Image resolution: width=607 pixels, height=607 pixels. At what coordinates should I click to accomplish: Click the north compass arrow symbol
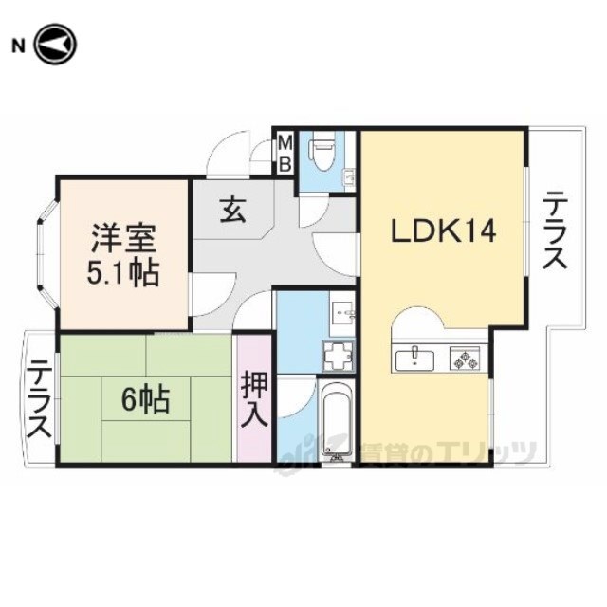click(x=56, y=45)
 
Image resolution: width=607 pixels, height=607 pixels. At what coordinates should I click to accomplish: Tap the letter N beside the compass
click(x=18, y=46)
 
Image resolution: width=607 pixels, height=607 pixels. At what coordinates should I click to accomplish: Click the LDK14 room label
click(x=443, y=230)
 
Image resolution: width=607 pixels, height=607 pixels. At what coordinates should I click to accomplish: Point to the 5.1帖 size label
click(x=123, y=273)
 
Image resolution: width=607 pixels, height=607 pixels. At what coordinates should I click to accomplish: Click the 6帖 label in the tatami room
click(x=146, y=399)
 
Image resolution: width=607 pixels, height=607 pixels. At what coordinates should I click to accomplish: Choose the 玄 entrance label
click(x=233, y=211)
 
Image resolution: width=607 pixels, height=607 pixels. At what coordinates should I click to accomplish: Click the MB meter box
click(x=285, y=154)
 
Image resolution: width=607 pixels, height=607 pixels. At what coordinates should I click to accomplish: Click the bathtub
click(x=337, y=418)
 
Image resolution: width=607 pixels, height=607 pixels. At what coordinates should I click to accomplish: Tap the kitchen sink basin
click(x=414, y=359)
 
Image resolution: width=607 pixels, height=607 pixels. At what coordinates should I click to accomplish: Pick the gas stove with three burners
click(x=465, y=359)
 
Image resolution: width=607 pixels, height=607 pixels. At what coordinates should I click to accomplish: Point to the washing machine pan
click(x=340, y=356)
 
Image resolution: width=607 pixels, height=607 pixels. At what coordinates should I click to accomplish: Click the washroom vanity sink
click(x=342, y=314)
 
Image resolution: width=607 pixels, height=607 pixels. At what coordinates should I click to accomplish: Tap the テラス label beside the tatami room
click(x=39, y=398)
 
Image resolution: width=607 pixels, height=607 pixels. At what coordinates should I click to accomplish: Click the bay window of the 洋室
click(x=48, y=253)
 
